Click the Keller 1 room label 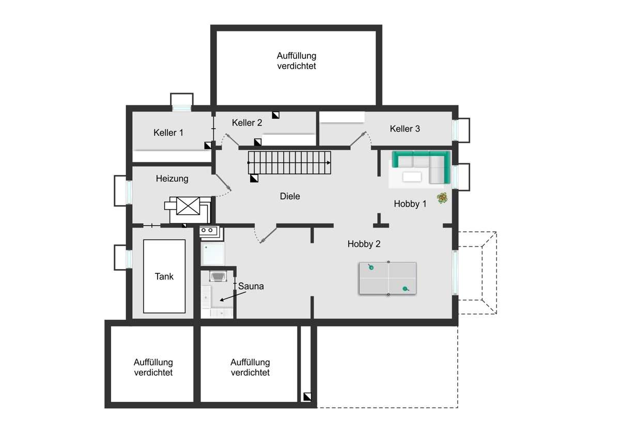coord(168,133)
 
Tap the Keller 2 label coord(247,122)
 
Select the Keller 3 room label coord(405,129)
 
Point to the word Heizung coord(172,179)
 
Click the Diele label coord(290,196)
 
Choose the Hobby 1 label coord(410,204)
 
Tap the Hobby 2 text coord(364,244)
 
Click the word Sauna coord(251,286)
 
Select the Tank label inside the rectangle coord(164,276)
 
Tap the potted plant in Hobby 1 coord(442,198)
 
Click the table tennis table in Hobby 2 coord(388,279)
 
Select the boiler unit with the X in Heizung coord(188,206)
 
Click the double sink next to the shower coord(209,230)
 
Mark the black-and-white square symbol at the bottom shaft coord(307,397)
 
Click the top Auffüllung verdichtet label coord(296,61)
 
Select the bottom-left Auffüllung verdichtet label coord(153,367)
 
